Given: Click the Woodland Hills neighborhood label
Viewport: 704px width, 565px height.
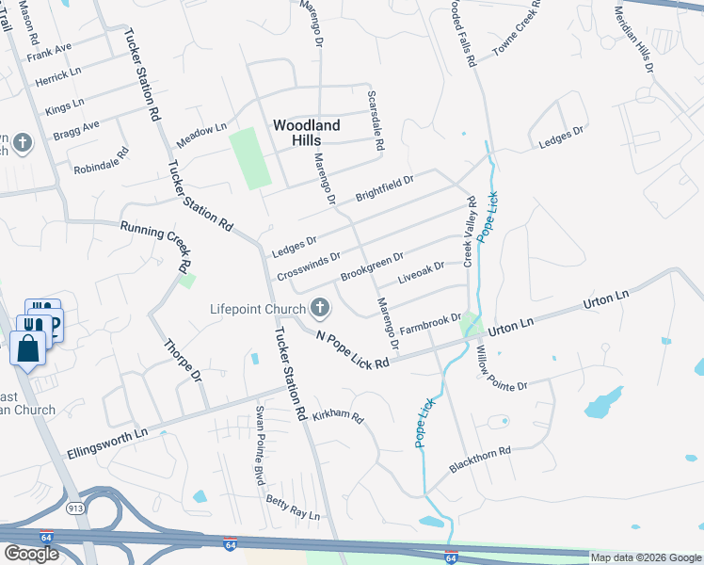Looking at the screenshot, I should [x=306, y=132].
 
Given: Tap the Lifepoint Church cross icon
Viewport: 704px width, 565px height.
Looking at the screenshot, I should [x=320, y=307].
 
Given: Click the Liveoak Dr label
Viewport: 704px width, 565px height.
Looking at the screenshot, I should [x=421, y=273].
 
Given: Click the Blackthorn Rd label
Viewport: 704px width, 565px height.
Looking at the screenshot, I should [x=479, y=460].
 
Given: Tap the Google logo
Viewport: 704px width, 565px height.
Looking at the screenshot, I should [x=31, y=554].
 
